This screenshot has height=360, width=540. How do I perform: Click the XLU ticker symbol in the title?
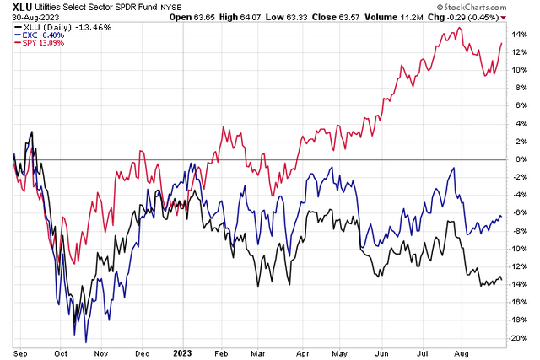13,7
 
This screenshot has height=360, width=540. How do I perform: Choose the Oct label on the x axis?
61,351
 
